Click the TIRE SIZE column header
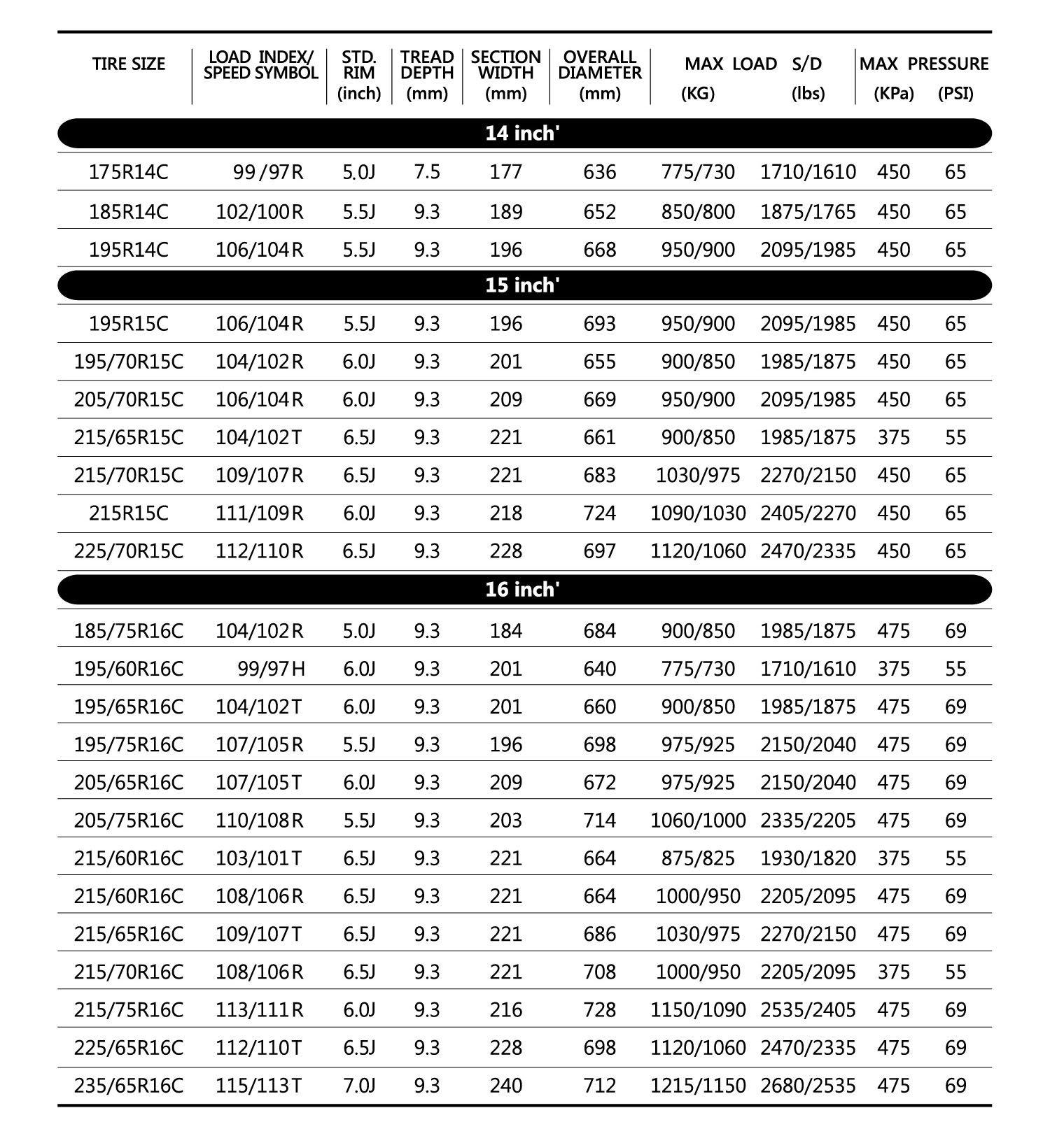tap(129, 64)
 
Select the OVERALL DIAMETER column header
tap(600, 65)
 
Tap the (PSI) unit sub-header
tap(955, 94)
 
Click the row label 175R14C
tap(129, 172)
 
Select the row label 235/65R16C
tap(129, 1085)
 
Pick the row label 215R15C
tap(129, 513)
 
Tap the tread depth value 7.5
tap(427, 172)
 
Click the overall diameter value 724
tap(600, 513)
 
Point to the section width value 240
tap(506, 1085)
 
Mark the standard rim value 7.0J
tap(359, 1085)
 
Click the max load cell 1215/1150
tap(698, 1085)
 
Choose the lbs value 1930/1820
tap(808, 858)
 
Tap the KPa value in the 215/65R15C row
tap(894, 437)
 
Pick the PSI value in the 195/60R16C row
tap(955, 669)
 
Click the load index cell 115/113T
tap(259, 1085)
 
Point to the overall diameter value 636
tap(600, 172)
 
